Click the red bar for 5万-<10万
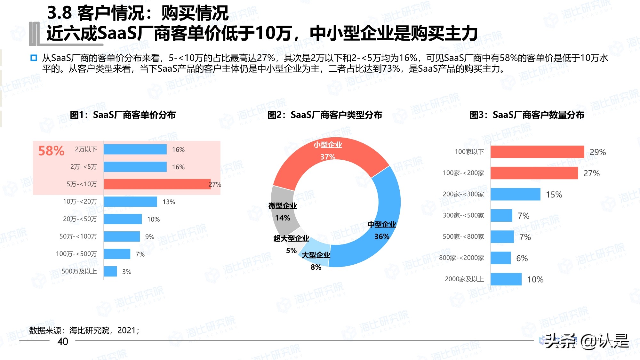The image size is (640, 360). [157, 184]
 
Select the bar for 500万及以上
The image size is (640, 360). [110, 271]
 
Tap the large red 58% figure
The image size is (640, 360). [51, 151]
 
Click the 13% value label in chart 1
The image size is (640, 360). [169, 202]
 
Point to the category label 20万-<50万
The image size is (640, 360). [80, 219]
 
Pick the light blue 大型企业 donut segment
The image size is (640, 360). [315, 253]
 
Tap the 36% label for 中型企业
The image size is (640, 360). [382, 236]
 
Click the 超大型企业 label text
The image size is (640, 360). [291, 238]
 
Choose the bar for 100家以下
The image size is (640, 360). [537, 152]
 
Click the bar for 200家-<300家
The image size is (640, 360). [515, 194]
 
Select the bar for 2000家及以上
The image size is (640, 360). [506, 279]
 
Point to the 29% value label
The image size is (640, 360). [597, 152]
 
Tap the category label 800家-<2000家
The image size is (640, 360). [461, 258]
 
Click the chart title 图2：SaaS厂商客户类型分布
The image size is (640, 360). [324, 115]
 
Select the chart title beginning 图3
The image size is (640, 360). [527, 115]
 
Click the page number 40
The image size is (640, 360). [63, 341]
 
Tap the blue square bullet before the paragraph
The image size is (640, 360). [34, 58]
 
